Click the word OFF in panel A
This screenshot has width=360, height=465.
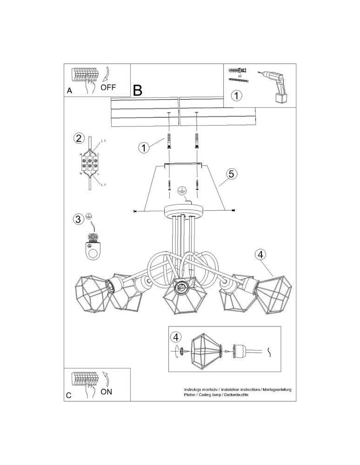pos(108,87)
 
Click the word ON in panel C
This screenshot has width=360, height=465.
pos(106,392)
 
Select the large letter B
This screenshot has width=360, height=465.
pos(137,90)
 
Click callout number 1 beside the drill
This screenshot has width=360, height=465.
pos(237,96)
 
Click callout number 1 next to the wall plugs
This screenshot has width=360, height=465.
pos(144,148)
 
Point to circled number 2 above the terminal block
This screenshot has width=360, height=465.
pos(79,138)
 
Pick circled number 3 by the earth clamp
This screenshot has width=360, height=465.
pos(79,219)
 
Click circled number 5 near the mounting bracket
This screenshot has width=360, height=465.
pos(232,174)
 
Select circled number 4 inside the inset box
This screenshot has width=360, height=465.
pos(175,337)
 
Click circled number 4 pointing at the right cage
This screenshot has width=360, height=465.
pos(260,254)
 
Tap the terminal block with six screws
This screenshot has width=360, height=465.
pos(91,164)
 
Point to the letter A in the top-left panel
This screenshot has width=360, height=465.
pos(69,91)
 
